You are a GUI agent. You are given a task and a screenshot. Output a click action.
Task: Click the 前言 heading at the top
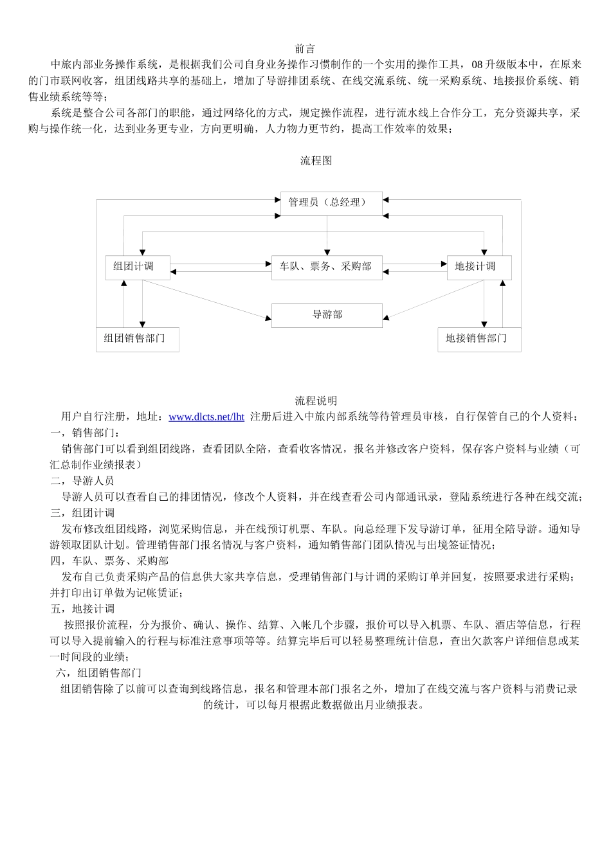[305, 49]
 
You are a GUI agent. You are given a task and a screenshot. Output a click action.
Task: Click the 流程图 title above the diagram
[316, 161]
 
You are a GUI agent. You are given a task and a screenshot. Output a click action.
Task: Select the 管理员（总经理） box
[331, 203]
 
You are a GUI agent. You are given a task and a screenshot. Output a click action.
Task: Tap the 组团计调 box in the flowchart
[138, 267]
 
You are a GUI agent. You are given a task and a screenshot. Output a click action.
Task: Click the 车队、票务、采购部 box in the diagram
[327, 267]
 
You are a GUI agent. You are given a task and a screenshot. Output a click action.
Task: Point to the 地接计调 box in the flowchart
[479, 267]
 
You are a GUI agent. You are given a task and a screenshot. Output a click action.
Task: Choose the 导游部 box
[327, 315]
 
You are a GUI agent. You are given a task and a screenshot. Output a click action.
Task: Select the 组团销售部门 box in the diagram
[137, 339]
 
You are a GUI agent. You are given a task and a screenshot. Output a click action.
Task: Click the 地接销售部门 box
[479, 339]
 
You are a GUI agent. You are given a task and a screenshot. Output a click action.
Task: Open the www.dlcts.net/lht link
[206, 417]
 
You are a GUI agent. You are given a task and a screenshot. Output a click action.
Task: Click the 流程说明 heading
[316, 401]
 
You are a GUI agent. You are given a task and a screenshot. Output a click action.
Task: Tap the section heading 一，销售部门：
[86, 433]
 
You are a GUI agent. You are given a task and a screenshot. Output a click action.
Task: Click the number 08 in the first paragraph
[477, 65]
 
